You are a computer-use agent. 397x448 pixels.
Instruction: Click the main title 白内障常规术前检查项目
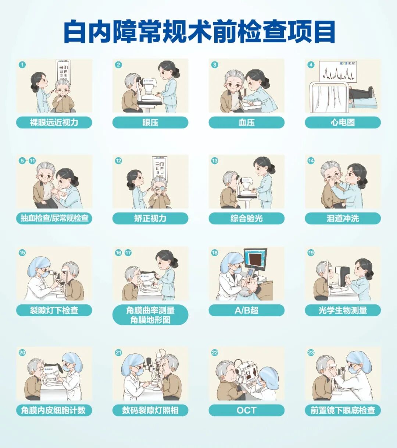tap(200, 31)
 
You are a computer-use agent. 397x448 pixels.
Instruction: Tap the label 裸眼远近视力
tap(54, 122)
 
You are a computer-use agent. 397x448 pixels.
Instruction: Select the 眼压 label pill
tap(150, 122)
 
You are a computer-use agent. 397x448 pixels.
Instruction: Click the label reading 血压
tap(247, 122)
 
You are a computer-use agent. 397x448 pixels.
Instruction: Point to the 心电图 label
tap(343, 122)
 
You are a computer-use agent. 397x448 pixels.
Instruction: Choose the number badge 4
tap(311, 65)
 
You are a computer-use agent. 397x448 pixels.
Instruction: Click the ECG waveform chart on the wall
tap(338, 72)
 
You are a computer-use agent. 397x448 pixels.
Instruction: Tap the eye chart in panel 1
tap(63, 71)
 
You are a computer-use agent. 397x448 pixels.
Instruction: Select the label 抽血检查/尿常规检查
tap(54, 218)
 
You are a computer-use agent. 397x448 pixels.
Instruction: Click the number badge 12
tap(118, 161)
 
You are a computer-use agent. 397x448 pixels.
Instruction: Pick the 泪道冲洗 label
tap(343, 218)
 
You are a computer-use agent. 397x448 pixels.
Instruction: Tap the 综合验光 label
tap(247, 218)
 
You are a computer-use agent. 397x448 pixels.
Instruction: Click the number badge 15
tap(22, 253)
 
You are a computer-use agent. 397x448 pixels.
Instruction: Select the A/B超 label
tap(247, 310)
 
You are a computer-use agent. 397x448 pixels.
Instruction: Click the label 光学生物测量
tap(343, 310)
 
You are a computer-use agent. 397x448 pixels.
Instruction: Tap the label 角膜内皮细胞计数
tap(54, 410)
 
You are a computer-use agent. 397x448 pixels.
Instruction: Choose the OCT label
tap(247, 410)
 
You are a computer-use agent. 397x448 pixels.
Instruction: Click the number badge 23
tap(311, 353)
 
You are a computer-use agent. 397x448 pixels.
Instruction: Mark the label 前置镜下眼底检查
tap(343, 410)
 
